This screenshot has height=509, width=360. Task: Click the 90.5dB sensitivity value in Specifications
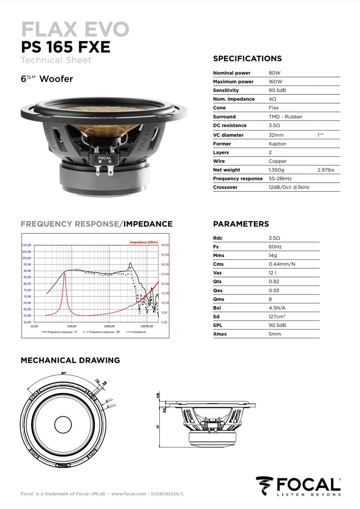[277, 90]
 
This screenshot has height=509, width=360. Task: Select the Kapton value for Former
[277, 144]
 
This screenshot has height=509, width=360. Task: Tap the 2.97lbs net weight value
[325, 170]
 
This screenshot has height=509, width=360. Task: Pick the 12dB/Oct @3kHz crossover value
[289, 187]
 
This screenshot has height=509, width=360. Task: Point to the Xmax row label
[220, 334]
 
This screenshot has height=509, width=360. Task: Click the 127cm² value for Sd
[277, 317]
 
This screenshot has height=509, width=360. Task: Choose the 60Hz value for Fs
[275, 247]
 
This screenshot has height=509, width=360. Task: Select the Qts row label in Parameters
[217, 281]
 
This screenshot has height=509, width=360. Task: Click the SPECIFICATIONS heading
[247, 58]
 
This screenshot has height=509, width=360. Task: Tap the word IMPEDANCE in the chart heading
[148, 224]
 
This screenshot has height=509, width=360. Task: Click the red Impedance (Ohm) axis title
[144, 242]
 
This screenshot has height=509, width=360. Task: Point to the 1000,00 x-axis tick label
[109, 326]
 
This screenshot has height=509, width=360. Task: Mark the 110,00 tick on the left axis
[26, 245]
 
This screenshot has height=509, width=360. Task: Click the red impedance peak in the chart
[65, 274]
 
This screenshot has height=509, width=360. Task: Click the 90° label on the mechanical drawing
[63, 373]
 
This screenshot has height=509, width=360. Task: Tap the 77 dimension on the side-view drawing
[158, 427]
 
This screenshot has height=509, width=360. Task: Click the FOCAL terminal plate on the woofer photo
[105, 159]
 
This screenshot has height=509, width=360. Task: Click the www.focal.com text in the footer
[129, 494]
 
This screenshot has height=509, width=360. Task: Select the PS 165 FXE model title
[66, 47]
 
